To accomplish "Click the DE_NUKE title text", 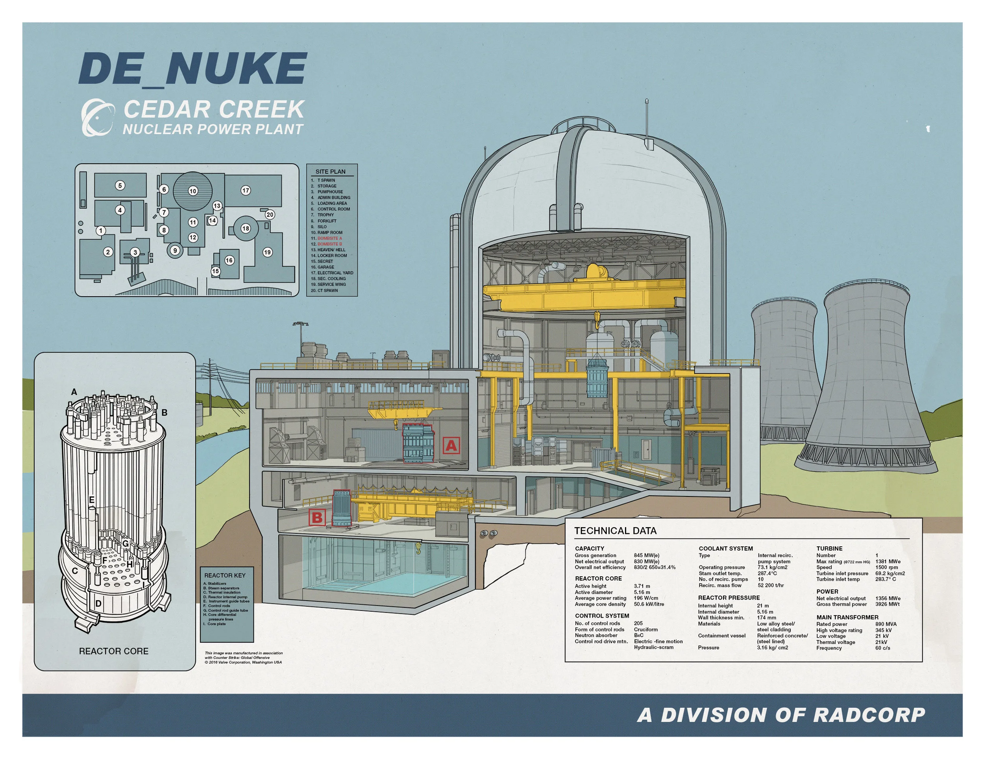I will [193, 68].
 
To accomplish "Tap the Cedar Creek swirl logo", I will [96, 118].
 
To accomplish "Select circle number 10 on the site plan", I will [193, 191].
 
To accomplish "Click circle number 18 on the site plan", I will [246, 228].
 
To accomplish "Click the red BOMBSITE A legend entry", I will [329, 238].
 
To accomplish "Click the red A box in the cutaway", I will [451, 445].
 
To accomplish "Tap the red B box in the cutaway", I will [317, 517].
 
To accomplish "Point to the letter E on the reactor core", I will [91, 500].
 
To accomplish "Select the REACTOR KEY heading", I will [225, 575].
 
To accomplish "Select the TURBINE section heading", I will [829, 548].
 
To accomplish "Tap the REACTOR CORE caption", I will [113, 651].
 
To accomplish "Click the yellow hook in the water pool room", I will [418, 548].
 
